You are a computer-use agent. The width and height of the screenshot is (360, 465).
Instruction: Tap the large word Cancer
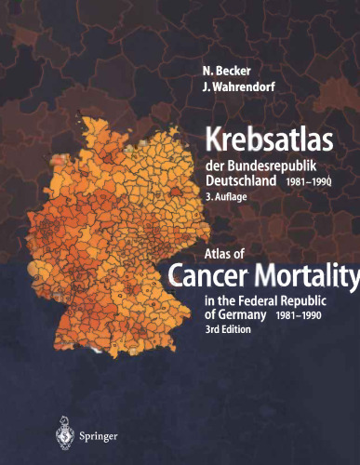[212, 273]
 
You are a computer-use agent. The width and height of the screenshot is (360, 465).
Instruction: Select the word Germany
[246, 314]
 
